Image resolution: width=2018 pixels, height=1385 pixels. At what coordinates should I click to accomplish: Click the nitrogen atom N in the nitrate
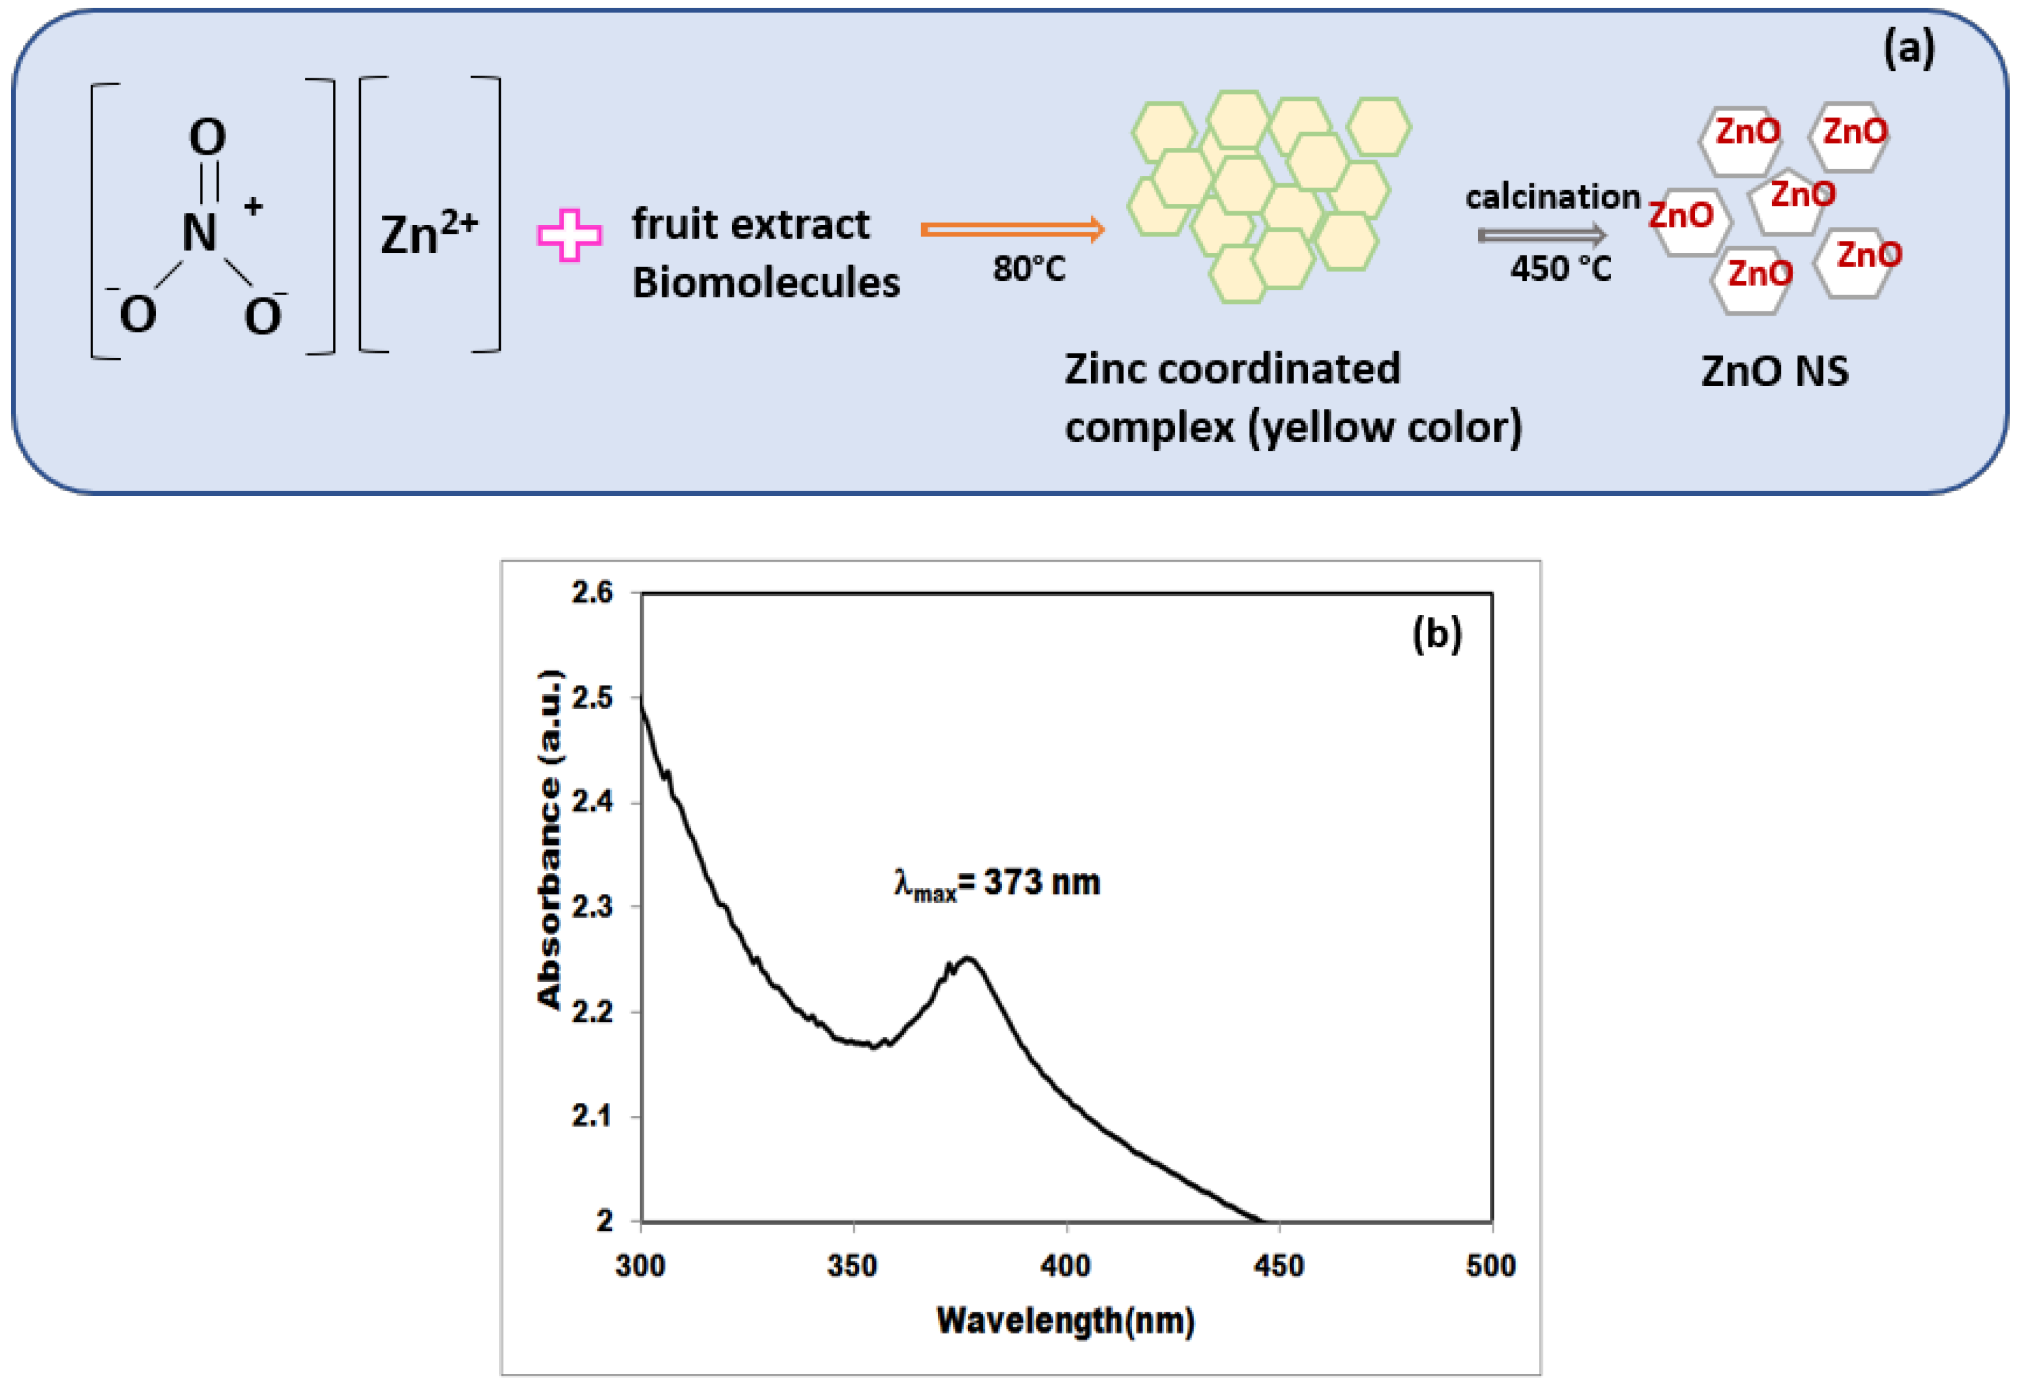(x=199, y=233)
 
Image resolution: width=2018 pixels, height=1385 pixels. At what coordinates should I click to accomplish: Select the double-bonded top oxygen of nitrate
(x=208, y=137)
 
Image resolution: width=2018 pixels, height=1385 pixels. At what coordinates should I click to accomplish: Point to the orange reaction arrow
(x=1011, y=229)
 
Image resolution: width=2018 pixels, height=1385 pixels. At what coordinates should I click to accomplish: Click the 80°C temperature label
(x=1028, y=269)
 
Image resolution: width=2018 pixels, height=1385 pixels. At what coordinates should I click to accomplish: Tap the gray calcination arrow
(x=1541, y=235)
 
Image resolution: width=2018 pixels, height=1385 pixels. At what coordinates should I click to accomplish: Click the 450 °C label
(x=1560, y=269)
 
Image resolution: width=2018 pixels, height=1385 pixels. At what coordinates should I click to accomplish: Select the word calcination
(x=1553, y=197)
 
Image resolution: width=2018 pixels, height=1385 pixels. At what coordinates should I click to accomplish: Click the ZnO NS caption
(x=1774, y=372)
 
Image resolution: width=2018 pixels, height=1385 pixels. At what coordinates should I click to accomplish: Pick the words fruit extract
(x=751, y=224)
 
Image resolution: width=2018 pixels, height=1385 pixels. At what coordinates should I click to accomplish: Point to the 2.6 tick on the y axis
(x=591, y=593)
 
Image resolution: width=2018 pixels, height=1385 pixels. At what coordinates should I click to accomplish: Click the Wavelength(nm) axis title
(x=1066, y=1321)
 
